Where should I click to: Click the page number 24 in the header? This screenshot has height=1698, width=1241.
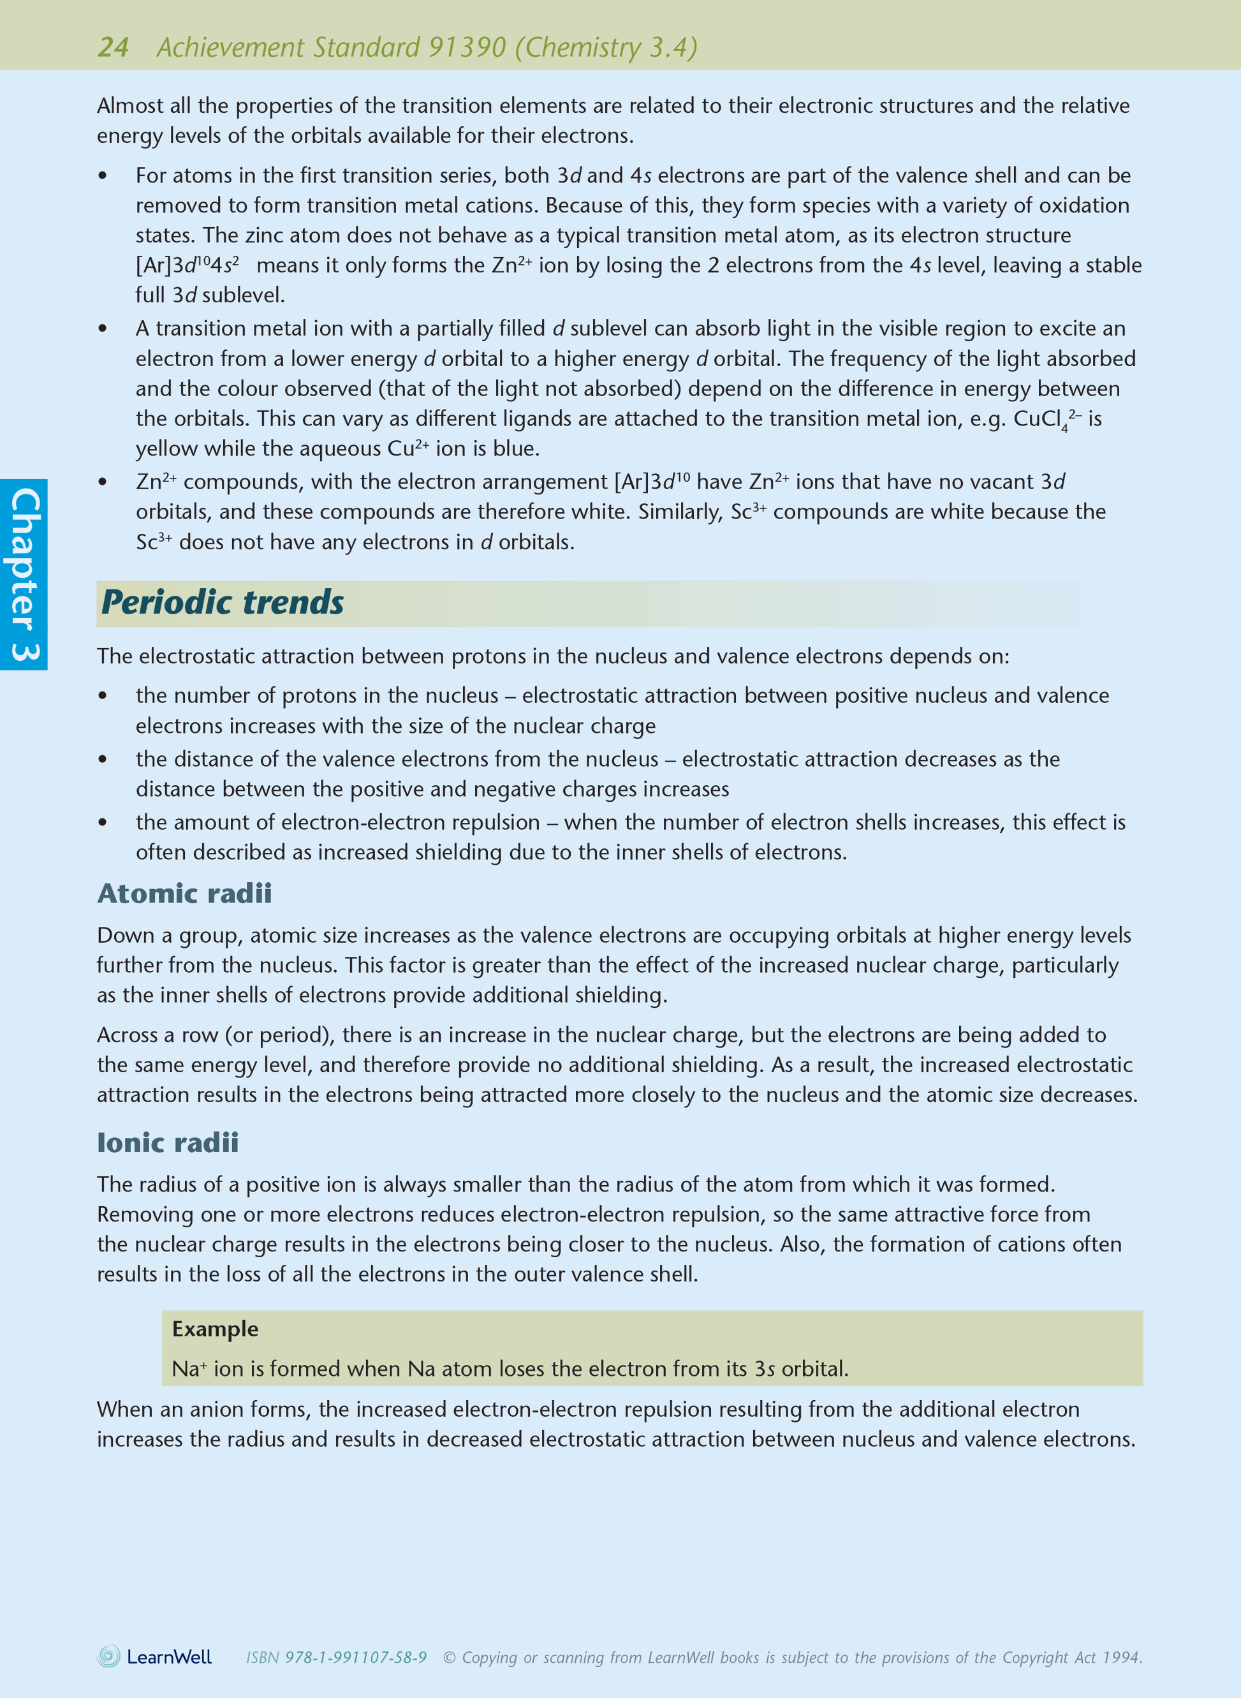pyautogui.click(x=113, y=47)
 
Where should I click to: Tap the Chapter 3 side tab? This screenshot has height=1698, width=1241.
pyautogui.click(x=24, y=575)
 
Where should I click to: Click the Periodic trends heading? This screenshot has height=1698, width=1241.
pyautogui.click(x=223, y=603)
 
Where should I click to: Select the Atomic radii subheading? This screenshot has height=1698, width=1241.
pyautogui.click(x=184, y=893)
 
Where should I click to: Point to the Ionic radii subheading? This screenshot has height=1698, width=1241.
pyautogui.click(x=168, y=1143)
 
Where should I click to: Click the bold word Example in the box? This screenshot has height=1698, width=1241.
pyautogui.click(x=215, y=1329)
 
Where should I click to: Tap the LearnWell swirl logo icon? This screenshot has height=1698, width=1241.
pyautogui.click(x=109, y=1656)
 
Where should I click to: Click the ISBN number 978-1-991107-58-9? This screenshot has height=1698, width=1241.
pyautogui.click(x=355, y=1657)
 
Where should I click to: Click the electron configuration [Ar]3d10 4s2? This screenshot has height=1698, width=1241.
pyautogui.click(x=187, y=265)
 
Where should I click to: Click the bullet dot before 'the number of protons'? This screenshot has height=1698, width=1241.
pyautogui.click(x=103, y=696)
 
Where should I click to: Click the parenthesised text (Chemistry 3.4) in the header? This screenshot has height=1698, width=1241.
pyautogui.click(x=606, y=47)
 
